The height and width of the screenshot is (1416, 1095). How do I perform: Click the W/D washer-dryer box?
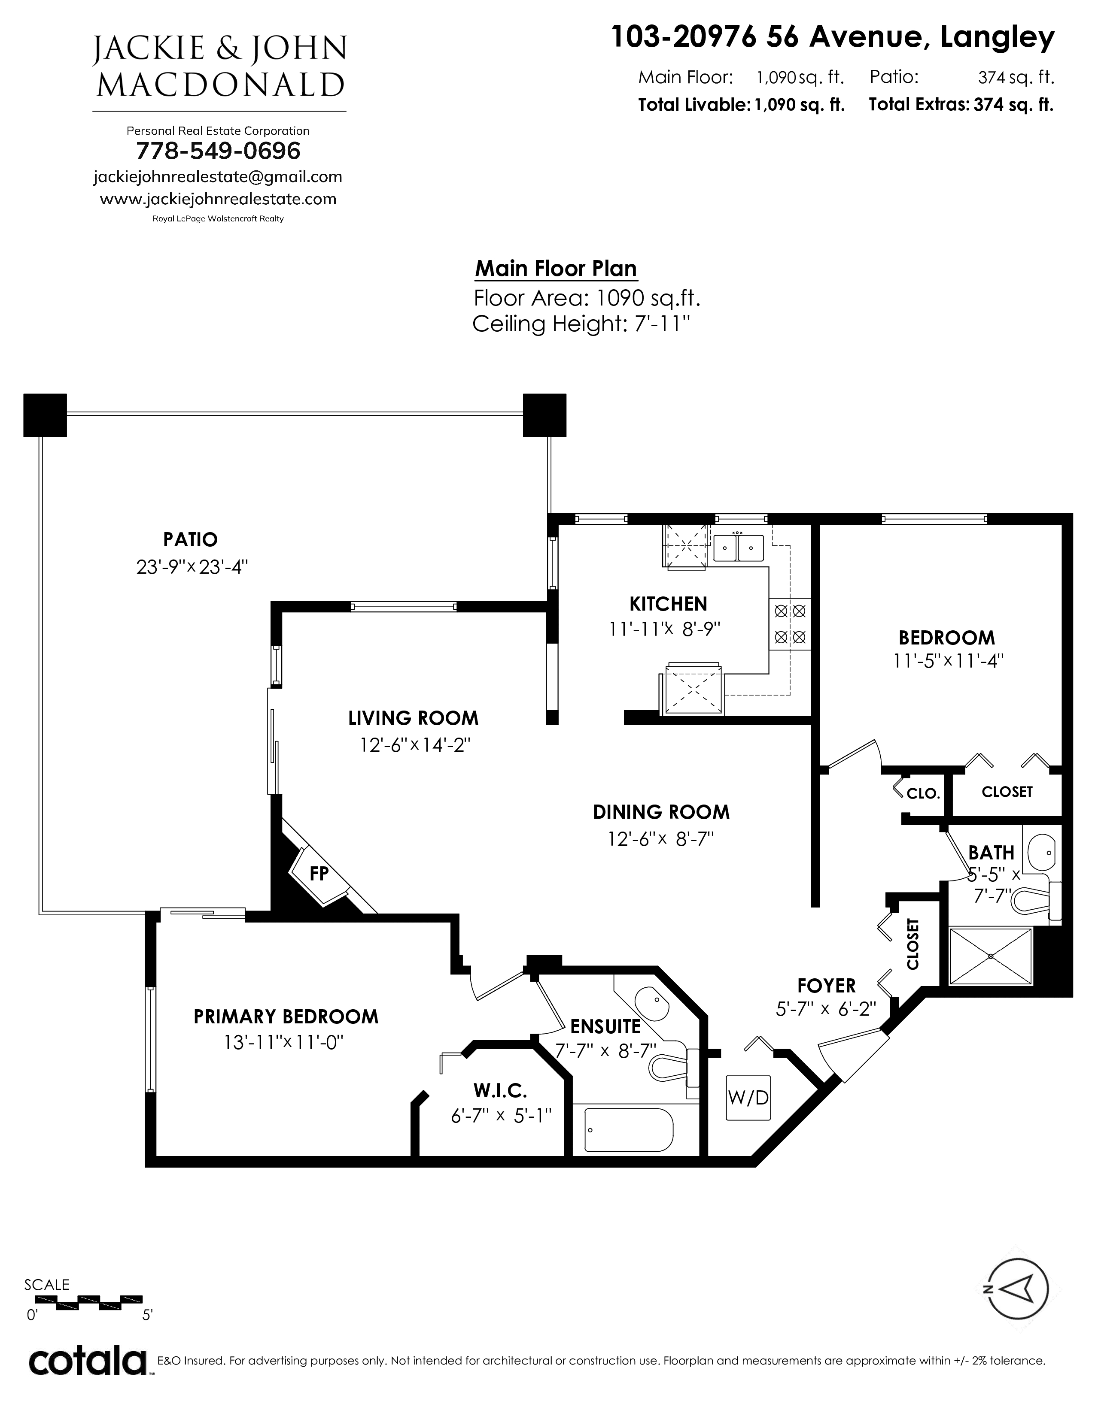tap(748, 1098)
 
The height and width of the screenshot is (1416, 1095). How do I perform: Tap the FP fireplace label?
tap(319, 874)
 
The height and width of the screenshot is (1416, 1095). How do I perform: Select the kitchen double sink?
tap(739, 548)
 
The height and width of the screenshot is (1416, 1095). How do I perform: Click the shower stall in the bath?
tap(990, 956)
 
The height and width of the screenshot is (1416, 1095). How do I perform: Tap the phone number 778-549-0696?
tap(218, 151)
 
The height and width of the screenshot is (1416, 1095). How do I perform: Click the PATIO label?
tap(190, 539)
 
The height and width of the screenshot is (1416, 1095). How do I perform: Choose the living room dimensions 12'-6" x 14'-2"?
tap(414, 745)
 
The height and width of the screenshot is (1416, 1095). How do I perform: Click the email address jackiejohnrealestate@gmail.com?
tap(218, 177)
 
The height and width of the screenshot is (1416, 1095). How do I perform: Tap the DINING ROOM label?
tap(661, 812)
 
